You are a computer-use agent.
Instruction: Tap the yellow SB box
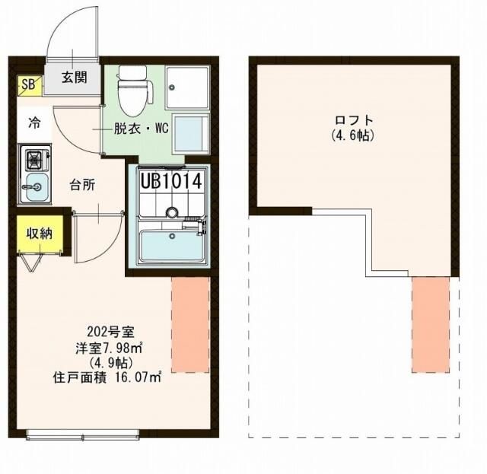tap(27, 84)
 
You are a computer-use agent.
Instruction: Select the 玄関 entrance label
tap(74, 76)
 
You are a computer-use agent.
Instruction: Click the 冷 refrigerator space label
tap(34, 122)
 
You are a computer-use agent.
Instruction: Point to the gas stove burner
tap(35, 161)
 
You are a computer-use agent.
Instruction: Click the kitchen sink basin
tap(34, 186)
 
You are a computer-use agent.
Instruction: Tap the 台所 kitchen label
tap(82, 183)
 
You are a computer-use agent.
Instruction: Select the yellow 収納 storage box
tap(36, 234)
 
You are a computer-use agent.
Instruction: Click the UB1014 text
tap(170, 181)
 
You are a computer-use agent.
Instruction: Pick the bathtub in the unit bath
tap(171, 246)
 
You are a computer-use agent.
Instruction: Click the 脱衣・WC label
tap(141, 129)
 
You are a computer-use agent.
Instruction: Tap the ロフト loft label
tap(355, 120)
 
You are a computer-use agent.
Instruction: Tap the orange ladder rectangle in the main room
tap(190, 324)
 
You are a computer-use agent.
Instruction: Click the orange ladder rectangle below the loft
tap(431, 324)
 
